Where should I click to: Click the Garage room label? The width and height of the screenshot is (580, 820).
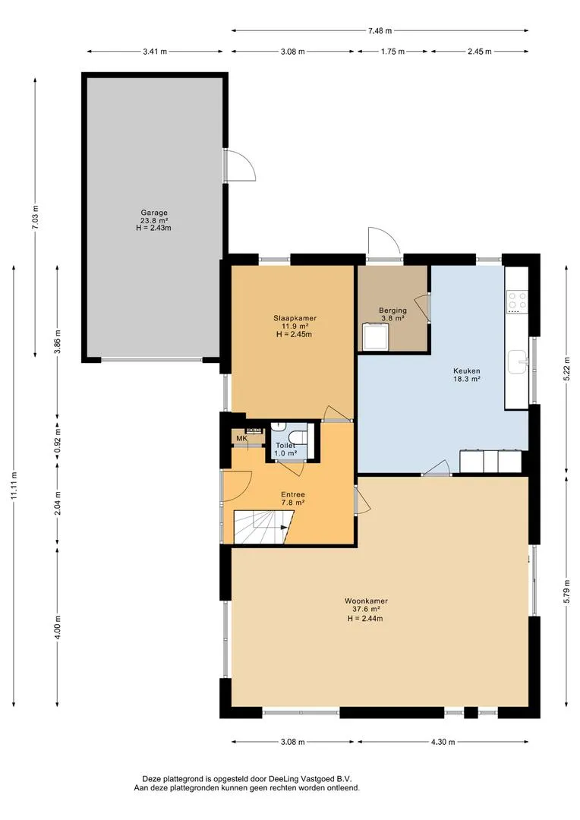click(154, 213)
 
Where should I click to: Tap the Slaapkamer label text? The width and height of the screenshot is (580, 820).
click(295, 318)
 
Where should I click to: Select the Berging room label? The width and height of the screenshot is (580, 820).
click(392, 311)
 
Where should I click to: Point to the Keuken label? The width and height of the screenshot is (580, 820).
click(467, 371)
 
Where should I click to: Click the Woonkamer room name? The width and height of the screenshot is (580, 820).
click(366, 601)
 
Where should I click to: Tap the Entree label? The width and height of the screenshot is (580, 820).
click(293, 494)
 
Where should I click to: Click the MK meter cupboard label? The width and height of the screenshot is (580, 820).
click(241, 438)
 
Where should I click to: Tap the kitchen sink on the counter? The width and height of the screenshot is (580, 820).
click(518, 361)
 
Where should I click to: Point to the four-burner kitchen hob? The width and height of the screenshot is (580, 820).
click(517, 301)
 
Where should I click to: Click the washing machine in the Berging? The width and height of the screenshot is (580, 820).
click(375, 337)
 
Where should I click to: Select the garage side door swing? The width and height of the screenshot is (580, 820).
click(240, 166)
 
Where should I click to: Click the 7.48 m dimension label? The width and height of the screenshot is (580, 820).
click(380, 30)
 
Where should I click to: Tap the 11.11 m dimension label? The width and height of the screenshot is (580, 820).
click(14, 487)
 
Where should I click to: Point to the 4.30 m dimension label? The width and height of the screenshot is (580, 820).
click(443, 742)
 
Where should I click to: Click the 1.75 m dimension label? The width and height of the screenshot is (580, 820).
click(392, 52)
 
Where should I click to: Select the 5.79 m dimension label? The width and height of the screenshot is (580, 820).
click(567, 591)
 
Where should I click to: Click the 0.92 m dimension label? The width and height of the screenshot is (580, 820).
click(58, 440)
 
